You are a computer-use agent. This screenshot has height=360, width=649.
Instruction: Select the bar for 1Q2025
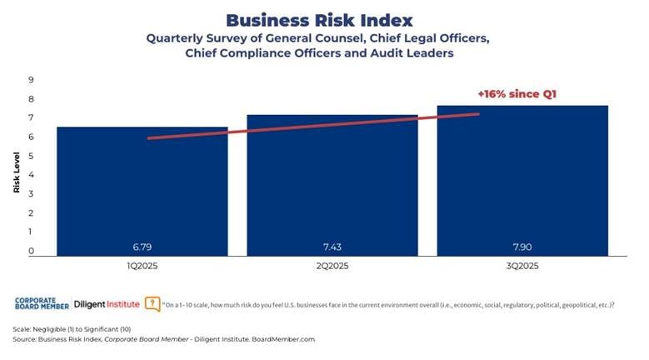pos(142,192)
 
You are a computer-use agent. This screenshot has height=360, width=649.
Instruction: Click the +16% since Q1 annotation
pos(516,94)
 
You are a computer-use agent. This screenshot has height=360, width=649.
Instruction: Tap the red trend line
pos(313,126)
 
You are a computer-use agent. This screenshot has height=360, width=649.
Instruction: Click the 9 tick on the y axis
pos(31,80)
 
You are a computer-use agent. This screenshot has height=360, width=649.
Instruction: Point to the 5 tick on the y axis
pos(31,156)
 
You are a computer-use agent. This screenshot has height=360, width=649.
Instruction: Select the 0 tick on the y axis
pos(31,251)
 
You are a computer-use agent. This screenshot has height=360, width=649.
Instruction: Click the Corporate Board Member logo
pos(42,304)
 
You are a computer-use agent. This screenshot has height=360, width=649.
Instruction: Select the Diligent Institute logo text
pos(107,304)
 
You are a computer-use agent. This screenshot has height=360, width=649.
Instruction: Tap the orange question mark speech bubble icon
pos(152,304)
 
